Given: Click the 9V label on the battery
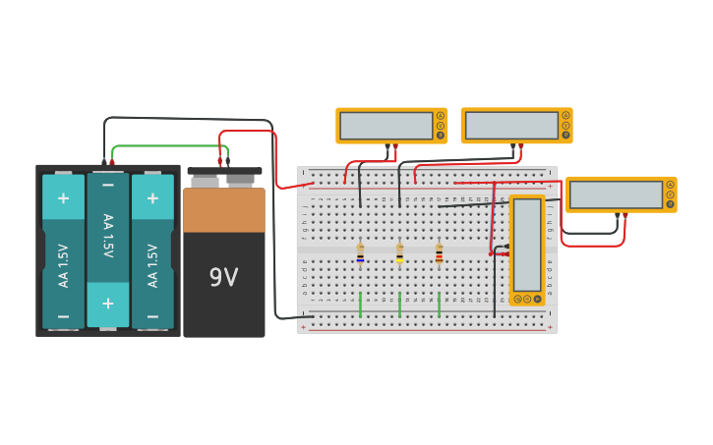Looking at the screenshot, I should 223,278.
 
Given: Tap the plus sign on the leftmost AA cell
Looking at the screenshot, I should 63,197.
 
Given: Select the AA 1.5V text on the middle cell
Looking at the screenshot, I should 108,236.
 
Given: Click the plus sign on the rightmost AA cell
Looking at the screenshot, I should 152,197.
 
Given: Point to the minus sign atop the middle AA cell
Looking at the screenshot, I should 108,184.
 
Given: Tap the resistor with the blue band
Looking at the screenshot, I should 360,252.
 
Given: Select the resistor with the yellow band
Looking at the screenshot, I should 399,252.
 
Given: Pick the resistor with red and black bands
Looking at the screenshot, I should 439,252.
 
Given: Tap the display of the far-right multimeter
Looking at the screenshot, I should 616,195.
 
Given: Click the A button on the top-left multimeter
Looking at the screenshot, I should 441,116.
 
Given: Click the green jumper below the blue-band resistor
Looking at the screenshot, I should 360,304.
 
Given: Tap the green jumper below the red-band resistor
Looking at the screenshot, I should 439,304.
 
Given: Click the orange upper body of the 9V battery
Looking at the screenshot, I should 223,209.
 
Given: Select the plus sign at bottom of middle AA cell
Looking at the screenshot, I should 108,303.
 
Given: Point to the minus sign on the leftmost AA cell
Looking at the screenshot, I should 63,316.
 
